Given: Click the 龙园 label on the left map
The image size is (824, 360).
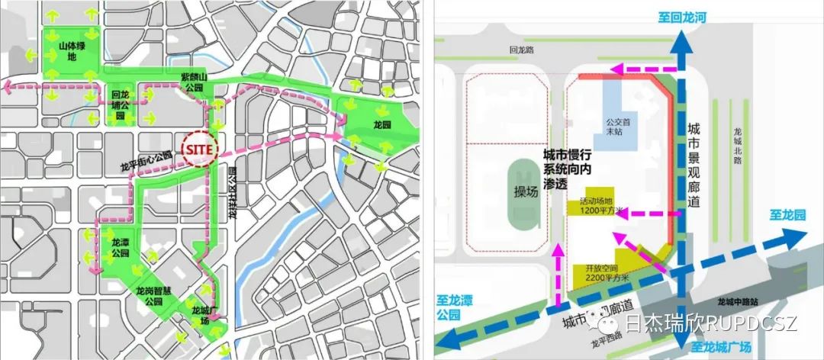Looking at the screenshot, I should click(x=381, y=125).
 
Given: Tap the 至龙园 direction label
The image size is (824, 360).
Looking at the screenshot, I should click(x=787, y=216).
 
